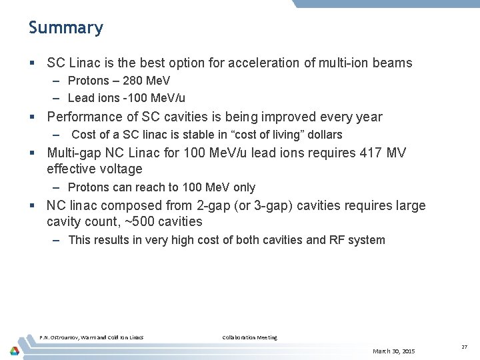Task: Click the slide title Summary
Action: pos(66,28)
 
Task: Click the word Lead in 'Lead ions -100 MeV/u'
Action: pos(81,97)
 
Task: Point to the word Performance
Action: pos(82,117)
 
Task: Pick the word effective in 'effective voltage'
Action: pos(73,169)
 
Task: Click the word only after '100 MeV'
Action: pos(243,187)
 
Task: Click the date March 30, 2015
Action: pos(394,351)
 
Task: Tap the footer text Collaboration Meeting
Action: pos(249,337)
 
